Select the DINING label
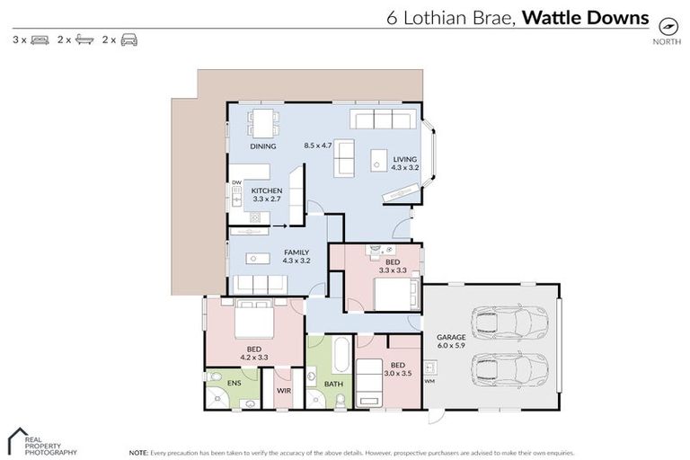point(263,146)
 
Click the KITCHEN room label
point(267,191)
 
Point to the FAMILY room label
point(296,252)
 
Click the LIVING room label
point(405,159)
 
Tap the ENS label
point(233,384)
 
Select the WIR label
point(283,391)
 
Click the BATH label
point(332,384)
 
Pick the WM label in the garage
point(429,381)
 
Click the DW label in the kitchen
point(236,183)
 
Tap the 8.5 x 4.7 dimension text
point(318,146)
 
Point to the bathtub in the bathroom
point(341,356)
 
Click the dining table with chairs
point(263,123)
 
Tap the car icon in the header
point(129,40)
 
